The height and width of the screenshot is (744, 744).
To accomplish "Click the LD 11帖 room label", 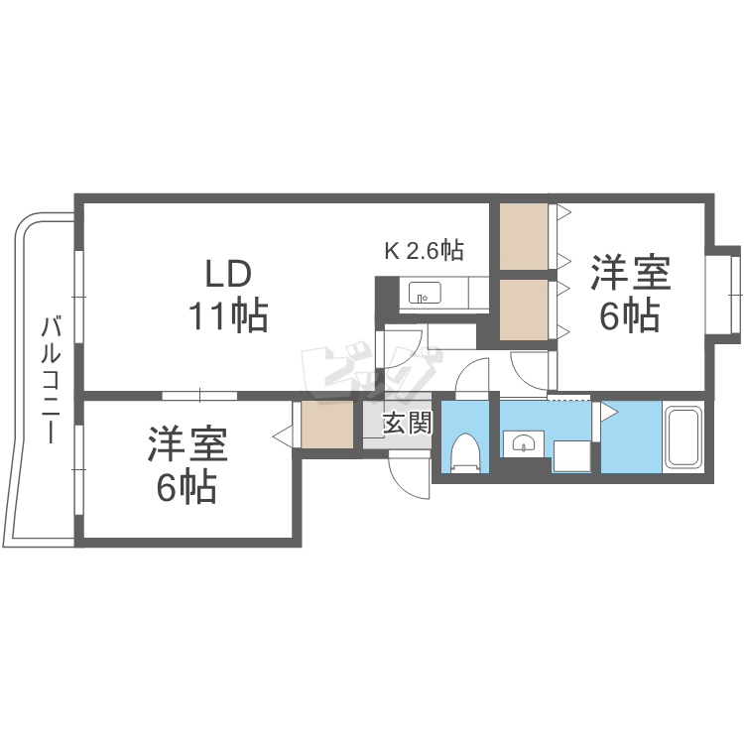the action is [229, 296].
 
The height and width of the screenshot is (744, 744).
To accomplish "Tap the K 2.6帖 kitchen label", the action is [424, 250].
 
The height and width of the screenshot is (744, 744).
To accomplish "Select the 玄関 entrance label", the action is [408, 423].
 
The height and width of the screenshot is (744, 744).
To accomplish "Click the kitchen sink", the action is [425, 293].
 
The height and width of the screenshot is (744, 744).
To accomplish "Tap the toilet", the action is [465, 453].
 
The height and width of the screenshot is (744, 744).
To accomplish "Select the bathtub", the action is [683, 436].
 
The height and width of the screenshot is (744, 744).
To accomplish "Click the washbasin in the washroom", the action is [524, 442].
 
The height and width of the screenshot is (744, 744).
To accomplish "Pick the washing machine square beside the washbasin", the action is [571, 456].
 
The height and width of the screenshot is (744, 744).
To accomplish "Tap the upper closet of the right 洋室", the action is [524, 236].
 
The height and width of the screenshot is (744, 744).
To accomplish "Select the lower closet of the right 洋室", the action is [524, 310].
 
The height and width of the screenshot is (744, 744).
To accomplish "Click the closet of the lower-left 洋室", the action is [327, 425].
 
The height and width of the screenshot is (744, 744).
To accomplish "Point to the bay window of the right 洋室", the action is [722, 295].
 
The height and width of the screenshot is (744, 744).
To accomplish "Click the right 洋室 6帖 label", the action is [630, 294].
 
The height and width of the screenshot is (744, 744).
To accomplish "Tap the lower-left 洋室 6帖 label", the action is [187, 465].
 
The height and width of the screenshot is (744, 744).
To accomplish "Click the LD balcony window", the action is [79, 297].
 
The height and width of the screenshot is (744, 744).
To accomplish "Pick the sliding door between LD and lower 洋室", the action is [199, 395].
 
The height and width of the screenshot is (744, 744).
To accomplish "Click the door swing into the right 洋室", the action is [530, 370].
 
